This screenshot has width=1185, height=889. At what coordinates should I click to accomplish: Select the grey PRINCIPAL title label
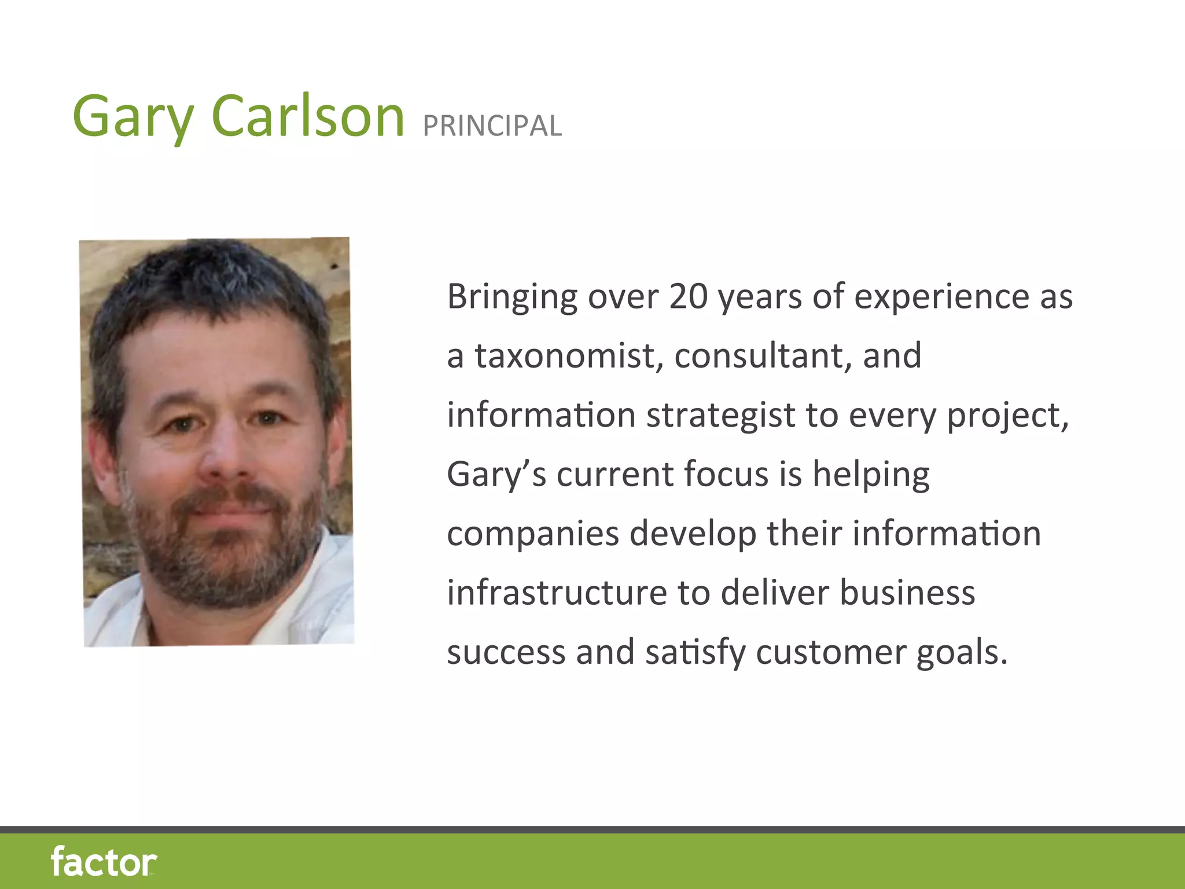click(492, 126)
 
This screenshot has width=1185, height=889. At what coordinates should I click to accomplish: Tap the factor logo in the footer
click(104, 862)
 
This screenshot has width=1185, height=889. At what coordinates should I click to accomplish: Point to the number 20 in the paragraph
click(689, 296)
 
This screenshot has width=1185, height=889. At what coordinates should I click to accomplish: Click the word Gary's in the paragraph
click(496, 475)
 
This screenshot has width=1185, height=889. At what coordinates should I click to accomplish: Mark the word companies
click(533, 534)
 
